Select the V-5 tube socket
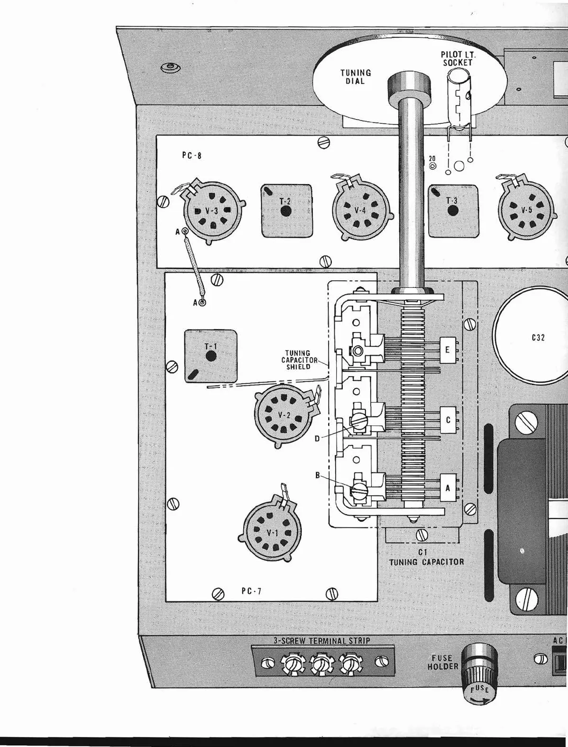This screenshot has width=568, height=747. [x=526, y=210]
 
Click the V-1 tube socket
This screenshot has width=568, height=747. [x=271, y=533]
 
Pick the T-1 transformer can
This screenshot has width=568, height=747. [x=211, y=356]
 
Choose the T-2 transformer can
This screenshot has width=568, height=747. [x=286, y=211]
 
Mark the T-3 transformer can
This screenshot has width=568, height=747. [x=453, y=210]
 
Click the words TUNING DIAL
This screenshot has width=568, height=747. [x=356, y=77]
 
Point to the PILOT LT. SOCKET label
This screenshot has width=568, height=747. [x=458, y=59]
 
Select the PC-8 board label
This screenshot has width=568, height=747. [x=192, y=155]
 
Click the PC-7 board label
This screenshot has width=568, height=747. [x=251, y=591]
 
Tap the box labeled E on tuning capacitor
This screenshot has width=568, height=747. [x=448, y=350]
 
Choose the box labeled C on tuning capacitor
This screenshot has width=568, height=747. [x=448, y=420]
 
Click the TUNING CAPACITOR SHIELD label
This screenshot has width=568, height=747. [x=298, y=360]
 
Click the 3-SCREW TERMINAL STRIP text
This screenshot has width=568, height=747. [x=322, y=640]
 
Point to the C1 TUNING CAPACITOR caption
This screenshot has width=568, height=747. [x=426, y=557]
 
